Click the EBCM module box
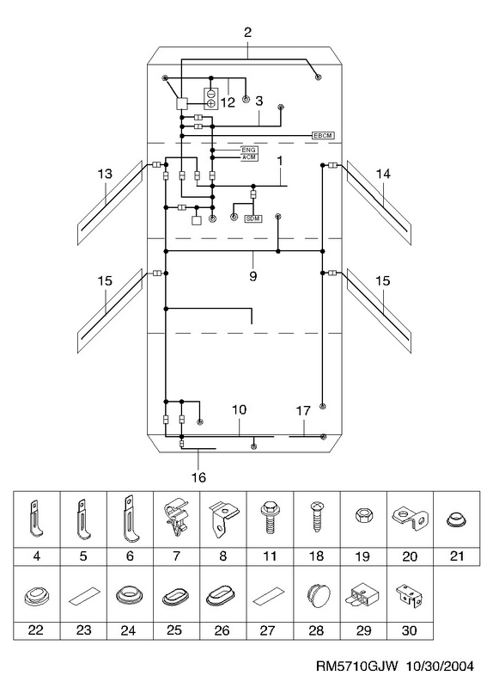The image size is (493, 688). click(x=323, y=136)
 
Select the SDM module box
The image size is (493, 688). click(x=253, y=218)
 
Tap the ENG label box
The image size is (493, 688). click(x=249, y=150)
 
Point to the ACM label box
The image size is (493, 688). click(x=249, y=157)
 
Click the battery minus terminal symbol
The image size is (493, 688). click(x=210, y=94)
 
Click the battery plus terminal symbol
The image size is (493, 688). click(x=210, y=103)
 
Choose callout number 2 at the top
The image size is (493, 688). click(x=247, y=32)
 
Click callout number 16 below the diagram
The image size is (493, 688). click(x=198, y=477)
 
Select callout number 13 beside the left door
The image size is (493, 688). click(x=105, y=174)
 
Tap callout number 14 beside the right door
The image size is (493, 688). click(x=382, y=174)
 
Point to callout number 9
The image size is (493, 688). click(x=253, y=276)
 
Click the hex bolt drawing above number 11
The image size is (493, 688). click(x=269, y=519)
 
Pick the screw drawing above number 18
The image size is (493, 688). click(x=315, y=518)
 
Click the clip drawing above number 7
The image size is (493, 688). click(x=176, y=518)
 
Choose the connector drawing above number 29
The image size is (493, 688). click(x=362, y=595)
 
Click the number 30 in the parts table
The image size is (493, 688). click(x=409, y=630)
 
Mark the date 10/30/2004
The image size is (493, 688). click(x=440, y=666)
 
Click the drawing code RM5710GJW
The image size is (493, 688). click(x=356, y=666)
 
